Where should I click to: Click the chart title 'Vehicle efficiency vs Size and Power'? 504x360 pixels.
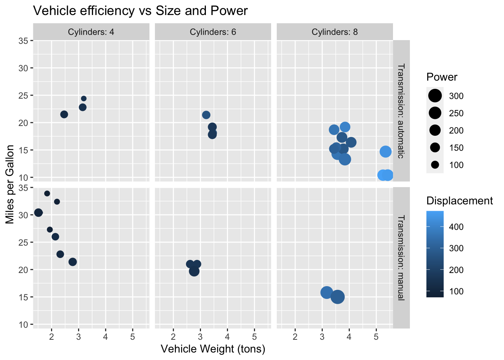point(140,11)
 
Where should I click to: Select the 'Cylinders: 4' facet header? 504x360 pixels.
point(91,32)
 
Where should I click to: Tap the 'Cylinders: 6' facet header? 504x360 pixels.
point(213,32)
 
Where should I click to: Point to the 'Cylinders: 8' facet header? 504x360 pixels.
point(335,32)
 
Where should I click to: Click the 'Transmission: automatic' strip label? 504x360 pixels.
point(401,111)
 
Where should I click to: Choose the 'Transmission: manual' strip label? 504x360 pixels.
point(401,258)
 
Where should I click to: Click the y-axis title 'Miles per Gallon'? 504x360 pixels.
point(10,184)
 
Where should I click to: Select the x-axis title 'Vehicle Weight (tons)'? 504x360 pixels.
point(213,349)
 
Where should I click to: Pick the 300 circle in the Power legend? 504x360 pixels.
point(435,96)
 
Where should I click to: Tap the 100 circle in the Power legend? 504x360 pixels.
point(435,165)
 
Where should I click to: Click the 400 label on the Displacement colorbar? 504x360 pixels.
point(456,227)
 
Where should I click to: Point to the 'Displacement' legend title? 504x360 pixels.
point(459,201)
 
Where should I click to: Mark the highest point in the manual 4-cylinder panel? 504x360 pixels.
point(47,193)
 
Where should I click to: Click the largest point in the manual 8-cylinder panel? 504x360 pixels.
point(337,297)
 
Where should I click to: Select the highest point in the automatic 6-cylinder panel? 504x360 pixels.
point(206,115)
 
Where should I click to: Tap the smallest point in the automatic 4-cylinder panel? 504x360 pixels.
point(84,99)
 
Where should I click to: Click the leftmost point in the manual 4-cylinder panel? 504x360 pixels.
point(38,213)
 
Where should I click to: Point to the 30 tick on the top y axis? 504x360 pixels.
point(23,68)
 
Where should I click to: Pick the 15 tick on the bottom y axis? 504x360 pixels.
point(23,297)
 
